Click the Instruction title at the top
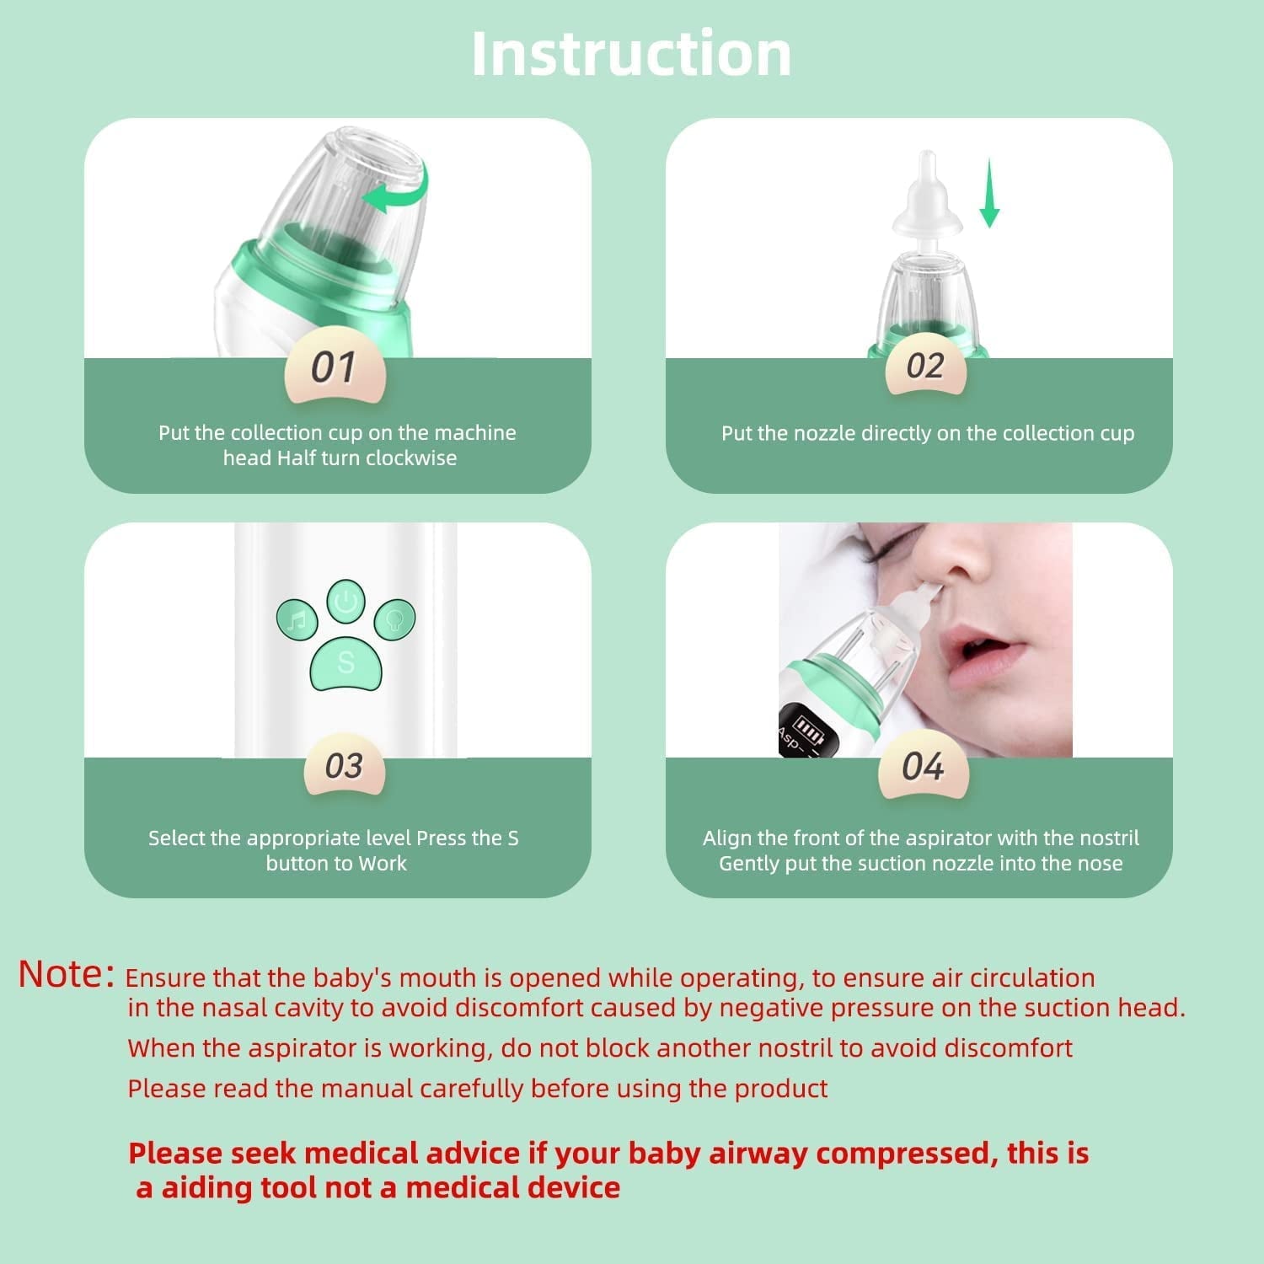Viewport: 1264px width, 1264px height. tap(631, 55)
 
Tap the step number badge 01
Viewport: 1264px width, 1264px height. tap(335, 367)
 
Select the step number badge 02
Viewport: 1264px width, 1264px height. tap(925, 367)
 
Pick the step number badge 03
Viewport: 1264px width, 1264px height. tap(344, 766)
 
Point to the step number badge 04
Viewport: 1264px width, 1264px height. tap(923, 767)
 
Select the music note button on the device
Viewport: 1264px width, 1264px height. tap(297, 621)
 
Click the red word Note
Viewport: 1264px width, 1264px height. tap(66, 975)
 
